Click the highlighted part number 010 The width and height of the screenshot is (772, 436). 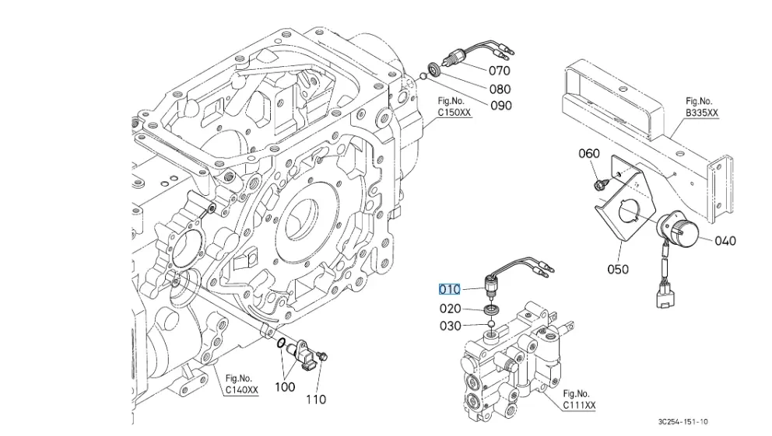coord(451,289)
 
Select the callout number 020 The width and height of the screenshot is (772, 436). coord(451,309)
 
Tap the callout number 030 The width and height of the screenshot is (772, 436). coord(451,326)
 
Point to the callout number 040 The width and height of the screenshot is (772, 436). coord(725,241)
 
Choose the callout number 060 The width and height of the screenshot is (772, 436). coord(589,153)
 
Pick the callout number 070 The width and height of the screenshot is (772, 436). coord(499,71)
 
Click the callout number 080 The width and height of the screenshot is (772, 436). coord(500,89)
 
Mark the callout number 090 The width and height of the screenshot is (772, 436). coord(500,106)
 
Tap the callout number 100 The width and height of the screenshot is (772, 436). coord(286,385)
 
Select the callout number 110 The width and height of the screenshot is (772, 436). coord(315,399)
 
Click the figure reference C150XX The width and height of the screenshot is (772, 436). coord(454,112)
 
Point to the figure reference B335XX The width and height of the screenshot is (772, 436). coord(702,113)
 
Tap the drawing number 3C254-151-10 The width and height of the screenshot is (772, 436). coord(682,422)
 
